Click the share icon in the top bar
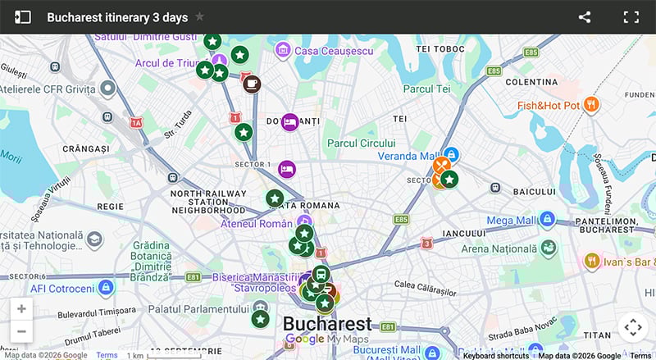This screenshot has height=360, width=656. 585,17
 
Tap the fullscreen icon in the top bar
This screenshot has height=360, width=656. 631,17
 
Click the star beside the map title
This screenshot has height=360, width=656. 200,17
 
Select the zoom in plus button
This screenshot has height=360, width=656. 21,309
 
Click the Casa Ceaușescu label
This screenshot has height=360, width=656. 328,50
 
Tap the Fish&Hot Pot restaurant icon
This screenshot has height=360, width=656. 591,105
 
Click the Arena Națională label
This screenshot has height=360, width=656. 494,248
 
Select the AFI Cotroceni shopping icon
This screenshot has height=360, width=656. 105,288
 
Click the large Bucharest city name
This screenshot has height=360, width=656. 327,323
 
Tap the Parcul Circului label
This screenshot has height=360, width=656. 367,142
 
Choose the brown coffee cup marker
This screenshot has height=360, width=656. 252,84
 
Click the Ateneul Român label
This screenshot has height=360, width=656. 256,223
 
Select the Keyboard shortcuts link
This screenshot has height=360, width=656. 495,356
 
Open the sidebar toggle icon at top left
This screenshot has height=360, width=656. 22,17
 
